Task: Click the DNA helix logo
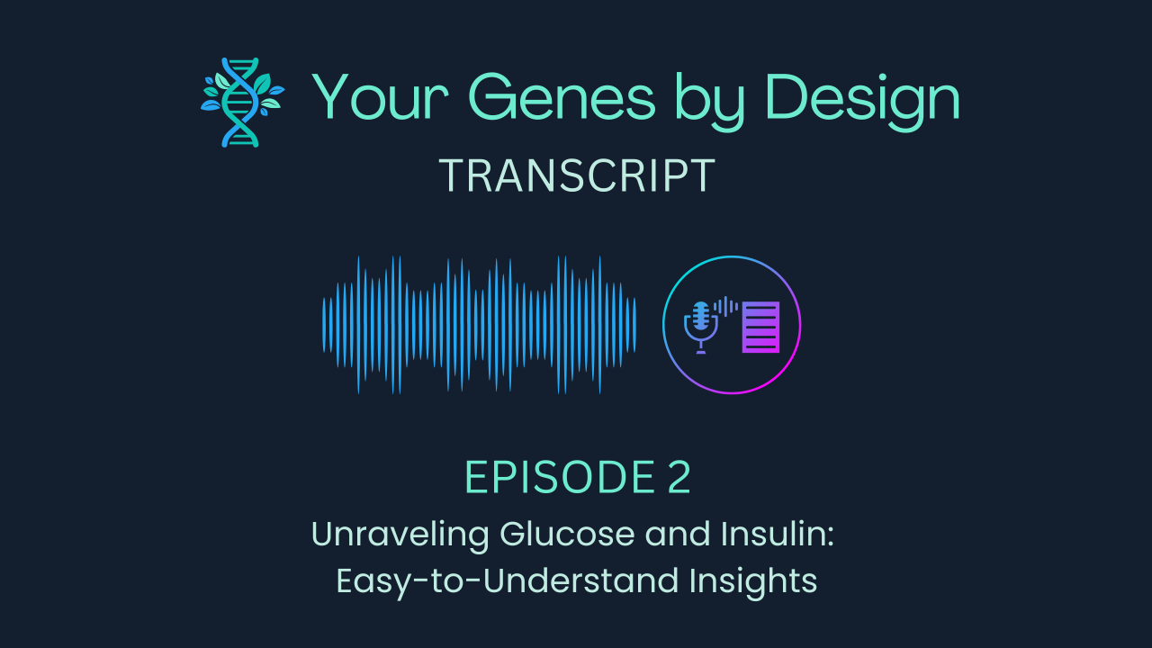241,102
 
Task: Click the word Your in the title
372,98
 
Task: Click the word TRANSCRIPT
576,176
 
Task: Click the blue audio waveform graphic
479,325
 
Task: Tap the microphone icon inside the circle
699,325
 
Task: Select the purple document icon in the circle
760,327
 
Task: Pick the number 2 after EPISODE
679,478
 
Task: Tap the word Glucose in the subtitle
557,535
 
